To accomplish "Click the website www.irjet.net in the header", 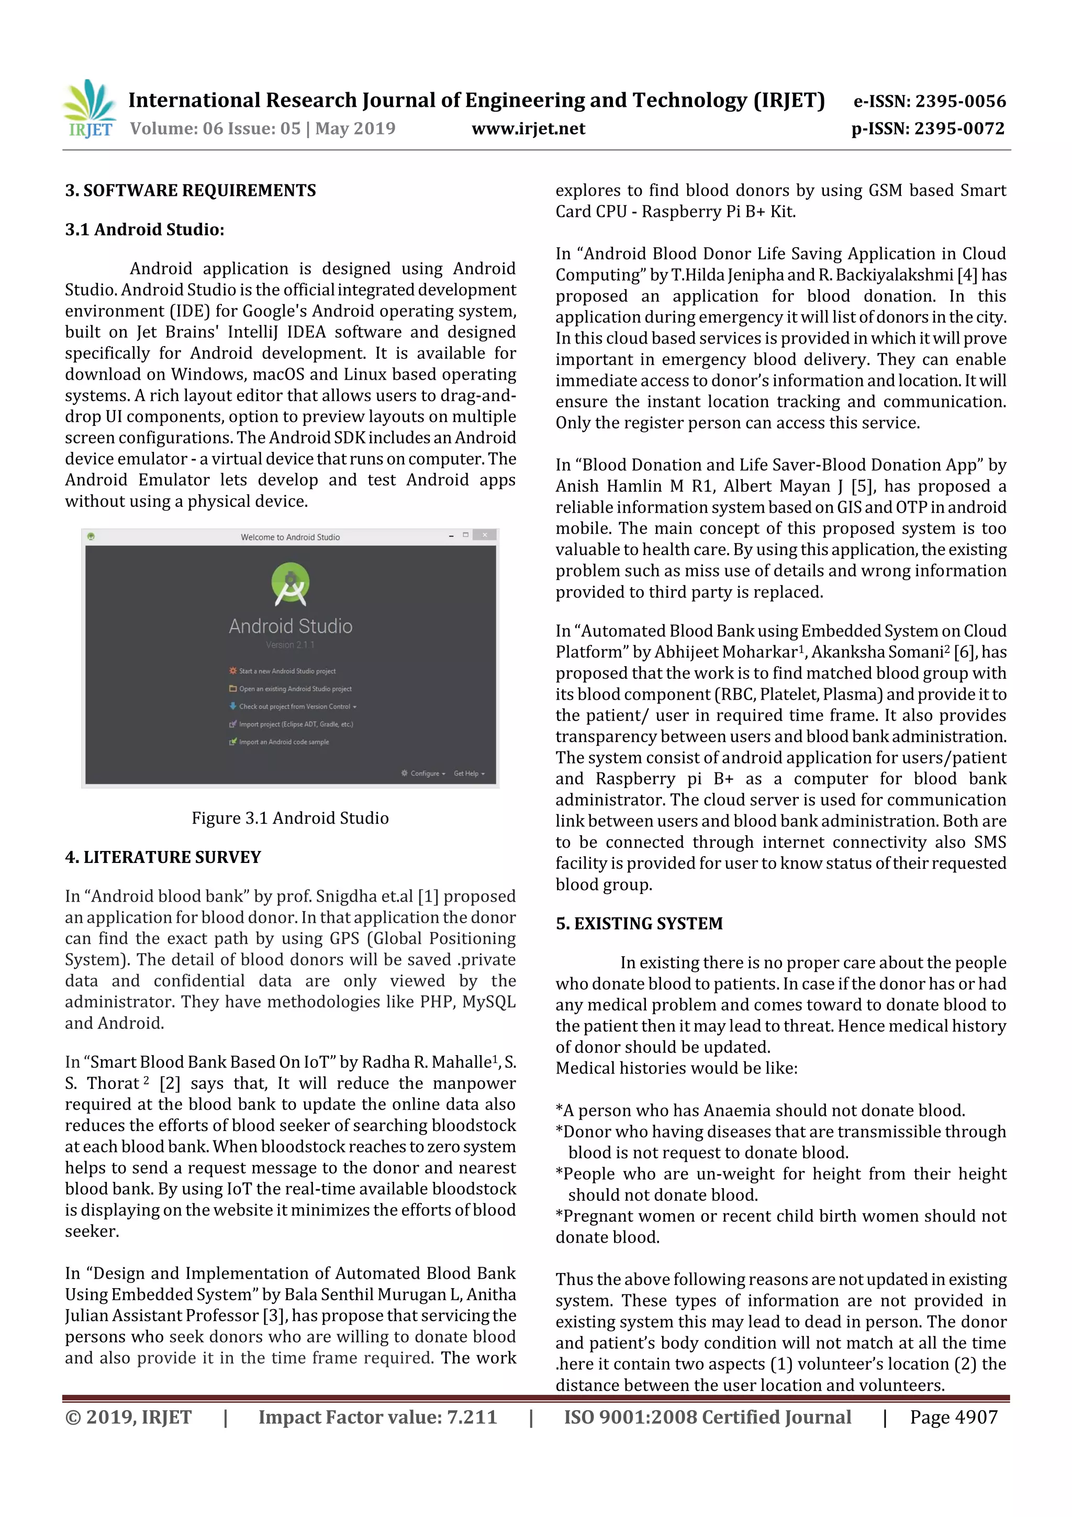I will coord(528,129).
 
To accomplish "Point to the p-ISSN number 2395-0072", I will coord(959,129).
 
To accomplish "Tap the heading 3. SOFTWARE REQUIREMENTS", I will coord(190,191).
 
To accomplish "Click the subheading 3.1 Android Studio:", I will coord(144,230).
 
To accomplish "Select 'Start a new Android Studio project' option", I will coord(287,671).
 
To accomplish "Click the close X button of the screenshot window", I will coord(485,535).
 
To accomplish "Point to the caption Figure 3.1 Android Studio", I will coord(290,818).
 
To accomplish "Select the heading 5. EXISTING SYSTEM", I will coord(639,924).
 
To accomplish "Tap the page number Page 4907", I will coord(953,1416).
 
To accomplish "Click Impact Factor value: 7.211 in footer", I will coord(377,1416).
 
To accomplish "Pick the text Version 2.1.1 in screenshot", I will coord(290,645).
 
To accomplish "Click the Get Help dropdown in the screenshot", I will coord(468,774).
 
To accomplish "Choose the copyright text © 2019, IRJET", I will coord(128,1416).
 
